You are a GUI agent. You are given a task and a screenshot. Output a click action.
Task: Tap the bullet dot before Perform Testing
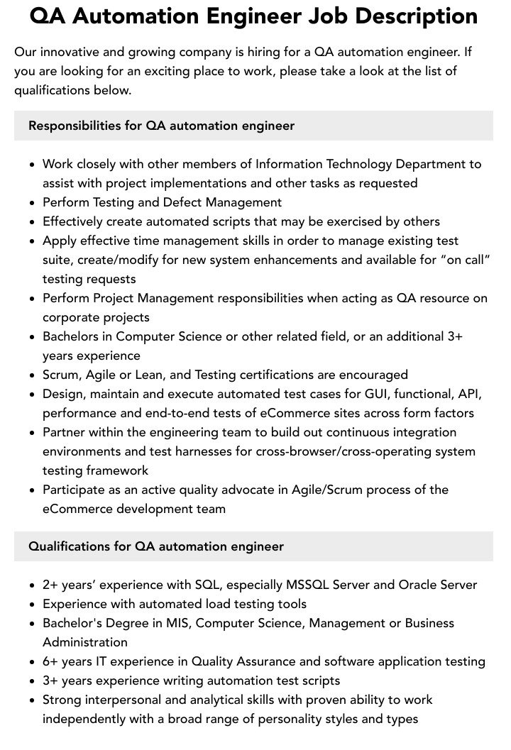pos(32,203)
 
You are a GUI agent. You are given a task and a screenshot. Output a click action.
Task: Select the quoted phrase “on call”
pos(466,260)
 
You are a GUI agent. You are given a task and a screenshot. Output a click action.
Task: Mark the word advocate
pos(260,490)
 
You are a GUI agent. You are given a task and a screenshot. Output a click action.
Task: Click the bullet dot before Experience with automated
pos(32,605)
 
